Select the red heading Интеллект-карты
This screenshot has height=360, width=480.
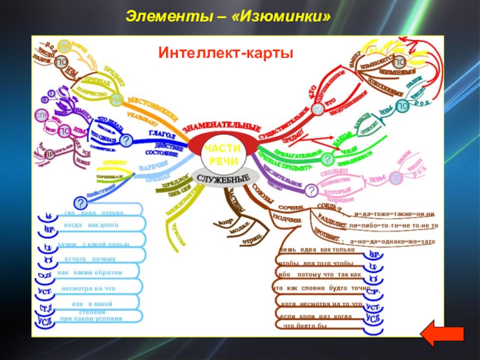click(x=226, y=54)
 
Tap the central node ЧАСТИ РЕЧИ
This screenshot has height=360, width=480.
click(x=222, y=155)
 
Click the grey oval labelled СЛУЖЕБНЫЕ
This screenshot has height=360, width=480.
click(x=223, y=179)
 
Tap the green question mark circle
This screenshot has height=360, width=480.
click(x=328, y=159)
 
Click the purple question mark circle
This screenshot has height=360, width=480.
click(x=311, y=191)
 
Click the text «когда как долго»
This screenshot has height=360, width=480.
click(x=91, y=225)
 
